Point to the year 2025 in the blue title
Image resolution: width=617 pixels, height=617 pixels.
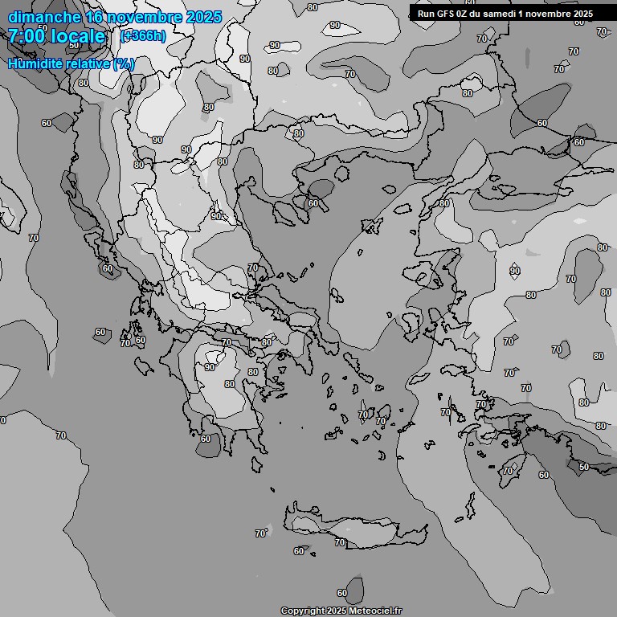click(x=203, y=17)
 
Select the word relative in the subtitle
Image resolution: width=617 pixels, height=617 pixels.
click(x=90, y=63)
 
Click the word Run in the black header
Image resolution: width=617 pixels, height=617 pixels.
click(x=426, y=14)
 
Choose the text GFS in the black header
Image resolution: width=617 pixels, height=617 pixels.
click(x=447, y=14)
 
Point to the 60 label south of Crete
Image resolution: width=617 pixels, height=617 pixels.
click(x=342, y=593)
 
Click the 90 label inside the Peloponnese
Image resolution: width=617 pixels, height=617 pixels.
click(x=210, y=367)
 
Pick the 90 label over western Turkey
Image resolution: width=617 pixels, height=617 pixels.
click(x=515, y=271)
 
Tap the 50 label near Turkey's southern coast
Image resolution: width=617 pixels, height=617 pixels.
click(x=584, y=467)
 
